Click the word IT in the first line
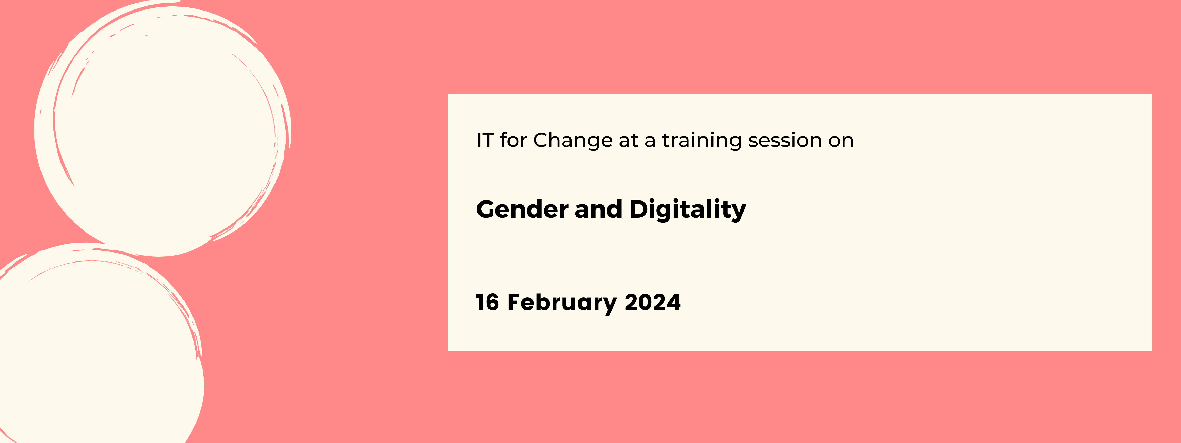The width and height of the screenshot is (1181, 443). tap(485, 140)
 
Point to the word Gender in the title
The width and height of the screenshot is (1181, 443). tap(522, 209)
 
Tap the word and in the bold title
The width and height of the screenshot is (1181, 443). tap(598, 209)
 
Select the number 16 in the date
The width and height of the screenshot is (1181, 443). tap(487, 303)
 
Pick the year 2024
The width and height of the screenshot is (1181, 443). tap(652, 303)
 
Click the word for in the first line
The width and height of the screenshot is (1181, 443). tap(513, 140)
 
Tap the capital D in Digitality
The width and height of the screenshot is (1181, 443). tap(639, 209)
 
